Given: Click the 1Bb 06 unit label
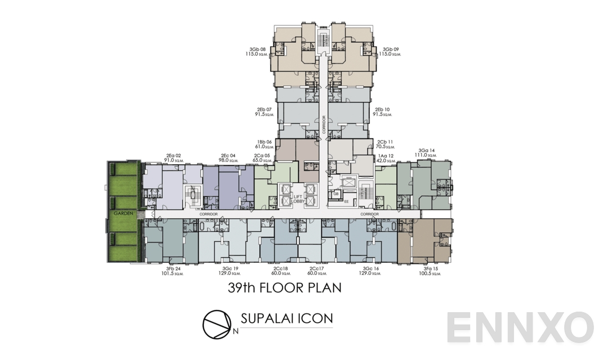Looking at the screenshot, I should coord(264,142).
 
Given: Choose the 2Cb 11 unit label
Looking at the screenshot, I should coord(385,142).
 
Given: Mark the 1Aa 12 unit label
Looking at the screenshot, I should coord(385,156).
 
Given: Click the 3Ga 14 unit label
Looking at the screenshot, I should coord(425,150).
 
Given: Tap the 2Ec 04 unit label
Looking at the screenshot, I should coord(227,156).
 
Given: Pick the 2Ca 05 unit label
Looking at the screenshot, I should coord(262,156).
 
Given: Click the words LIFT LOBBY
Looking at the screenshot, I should coord(298,199).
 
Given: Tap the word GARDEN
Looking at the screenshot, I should coord(123,214).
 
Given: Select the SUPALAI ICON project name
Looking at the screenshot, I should coord(287,318).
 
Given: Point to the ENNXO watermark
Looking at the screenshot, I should coord(521,327).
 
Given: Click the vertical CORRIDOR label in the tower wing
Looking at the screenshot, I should coord(324,124).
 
